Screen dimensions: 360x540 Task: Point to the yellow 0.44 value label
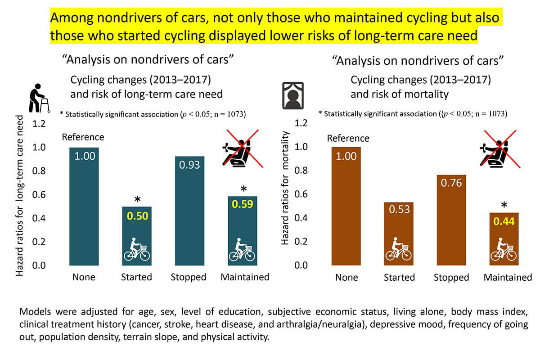click(504, 221)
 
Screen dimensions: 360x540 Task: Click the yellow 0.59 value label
click(242, 204)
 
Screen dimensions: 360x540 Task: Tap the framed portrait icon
click(292, 96)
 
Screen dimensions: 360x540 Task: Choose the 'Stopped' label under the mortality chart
click(451, 277)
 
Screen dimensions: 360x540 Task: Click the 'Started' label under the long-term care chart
click(136, 277)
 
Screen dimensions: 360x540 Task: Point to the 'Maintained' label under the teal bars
click(245, 277)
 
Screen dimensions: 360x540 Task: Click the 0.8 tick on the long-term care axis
click(40, 171)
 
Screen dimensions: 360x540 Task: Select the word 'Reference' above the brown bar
click(348, 138)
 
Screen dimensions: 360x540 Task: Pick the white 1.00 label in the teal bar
click(84, 156)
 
